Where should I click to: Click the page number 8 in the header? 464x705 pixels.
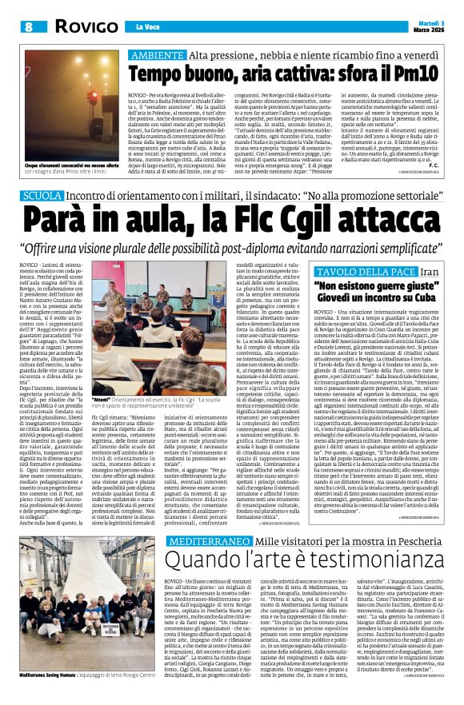(x=28, y=26)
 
